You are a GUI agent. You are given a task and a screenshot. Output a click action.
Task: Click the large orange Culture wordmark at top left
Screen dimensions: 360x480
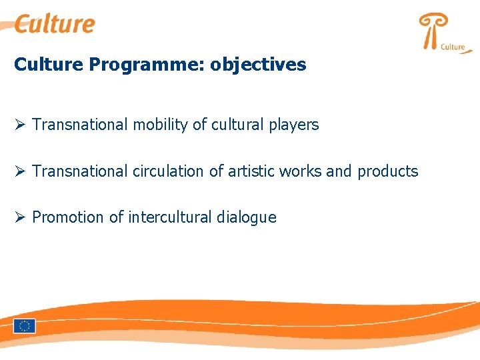[x=55, y=25]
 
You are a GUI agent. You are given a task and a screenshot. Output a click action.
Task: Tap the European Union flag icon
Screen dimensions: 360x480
[x=24, y=326]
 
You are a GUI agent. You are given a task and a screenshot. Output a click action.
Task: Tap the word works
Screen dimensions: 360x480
[x=300, y=171]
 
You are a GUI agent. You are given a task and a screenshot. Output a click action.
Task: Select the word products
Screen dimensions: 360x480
[x=388, y=171]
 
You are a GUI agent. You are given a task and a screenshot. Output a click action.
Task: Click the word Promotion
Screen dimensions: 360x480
[x=68, y=217]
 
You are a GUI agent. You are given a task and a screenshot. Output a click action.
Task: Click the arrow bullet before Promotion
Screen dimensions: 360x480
[x=20, y=217]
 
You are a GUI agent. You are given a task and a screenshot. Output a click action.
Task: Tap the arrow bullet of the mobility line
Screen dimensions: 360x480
[x=20, y=125]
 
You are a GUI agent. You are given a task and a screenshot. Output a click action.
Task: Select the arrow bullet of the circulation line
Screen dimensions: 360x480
[x=20, y=171]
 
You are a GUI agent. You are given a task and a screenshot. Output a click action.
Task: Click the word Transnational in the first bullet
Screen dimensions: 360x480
[x=80, y=125]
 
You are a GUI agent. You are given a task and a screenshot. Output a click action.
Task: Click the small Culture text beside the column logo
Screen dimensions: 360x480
[x=453, y=47]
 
